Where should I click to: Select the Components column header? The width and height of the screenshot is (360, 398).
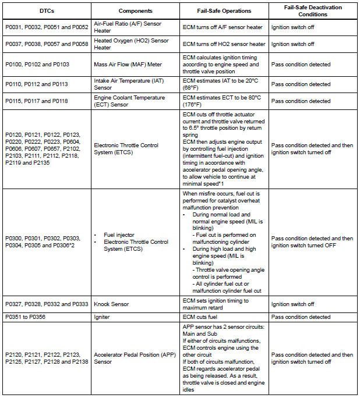[135, 11]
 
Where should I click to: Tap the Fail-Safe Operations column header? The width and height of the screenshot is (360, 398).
[224, 11]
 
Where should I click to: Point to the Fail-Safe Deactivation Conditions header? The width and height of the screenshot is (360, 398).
[313, 11]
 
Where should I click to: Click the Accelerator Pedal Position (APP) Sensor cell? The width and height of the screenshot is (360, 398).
[130, 358]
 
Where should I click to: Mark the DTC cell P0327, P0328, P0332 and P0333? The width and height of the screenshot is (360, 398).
[46, 304]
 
